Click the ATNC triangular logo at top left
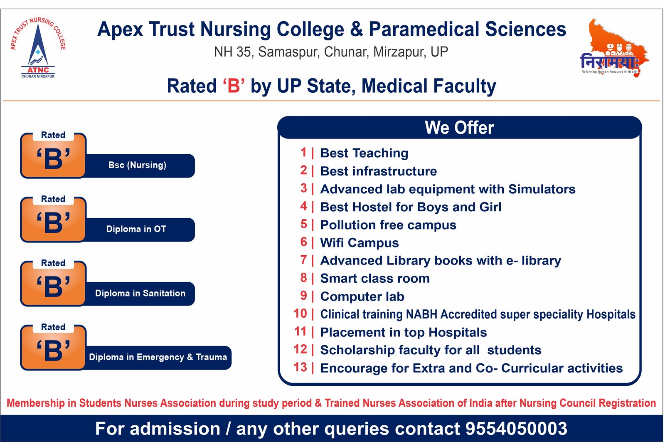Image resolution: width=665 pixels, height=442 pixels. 38,47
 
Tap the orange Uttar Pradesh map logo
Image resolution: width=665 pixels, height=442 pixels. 614,47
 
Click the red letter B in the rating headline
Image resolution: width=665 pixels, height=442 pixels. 234,86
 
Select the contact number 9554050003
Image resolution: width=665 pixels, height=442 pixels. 516,429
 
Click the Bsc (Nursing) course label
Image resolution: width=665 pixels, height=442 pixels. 137,165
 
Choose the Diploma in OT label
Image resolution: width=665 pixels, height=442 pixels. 136,229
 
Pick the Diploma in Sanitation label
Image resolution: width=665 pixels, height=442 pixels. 140,293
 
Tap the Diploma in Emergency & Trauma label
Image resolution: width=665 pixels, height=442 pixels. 158,357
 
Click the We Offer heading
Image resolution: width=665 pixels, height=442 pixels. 459,128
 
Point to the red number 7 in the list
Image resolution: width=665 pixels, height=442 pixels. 303,260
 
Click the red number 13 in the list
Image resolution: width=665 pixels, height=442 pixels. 300,368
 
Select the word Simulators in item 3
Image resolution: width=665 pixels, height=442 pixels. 542,189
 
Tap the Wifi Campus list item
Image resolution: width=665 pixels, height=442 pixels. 360,243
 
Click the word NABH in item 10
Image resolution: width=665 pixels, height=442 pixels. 421,314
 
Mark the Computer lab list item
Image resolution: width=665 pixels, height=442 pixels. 362,296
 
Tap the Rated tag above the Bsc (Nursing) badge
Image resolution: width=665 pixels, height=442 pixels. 53,135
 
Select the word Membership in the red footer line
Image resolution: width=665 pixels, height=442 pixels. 36,403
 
